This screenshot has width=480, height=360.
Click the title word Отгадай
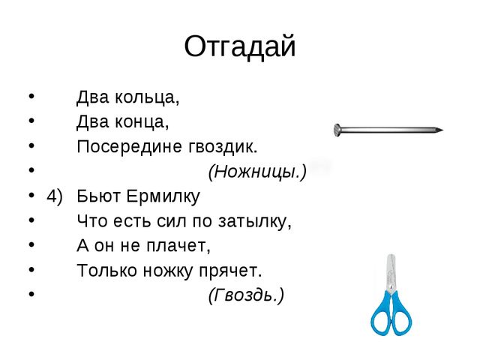coord(240,46)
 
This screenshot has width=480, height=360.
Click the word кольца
coord(147,97)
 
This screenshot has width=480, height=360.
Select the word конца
coord(142,121)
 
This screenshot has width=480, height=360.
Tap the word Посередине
coord(130,146)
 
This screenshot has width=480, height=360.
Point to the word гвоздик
coord(223,147)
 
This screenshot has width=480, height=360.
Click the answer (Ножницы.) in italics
coord(257,172)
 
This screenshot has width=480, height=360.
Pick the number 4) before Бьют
coord(55,196)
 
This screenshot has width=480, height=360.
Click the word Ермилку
coord(163,196)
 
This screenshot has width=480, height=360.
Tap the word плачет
coord(178,245)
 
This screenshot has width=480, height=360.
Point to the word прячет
coord(230,271)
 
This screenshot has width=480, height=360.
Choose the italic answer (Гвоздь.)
coord(246,295)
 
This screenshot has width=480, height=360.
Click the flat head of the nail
coord(337,130)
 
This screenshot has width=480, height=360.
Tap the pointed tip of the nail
coord(442,130)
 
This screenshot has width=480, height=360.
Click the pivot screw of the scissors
coord(391,286)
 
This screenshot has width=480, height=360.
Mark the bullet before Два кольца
coord(31,96)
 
